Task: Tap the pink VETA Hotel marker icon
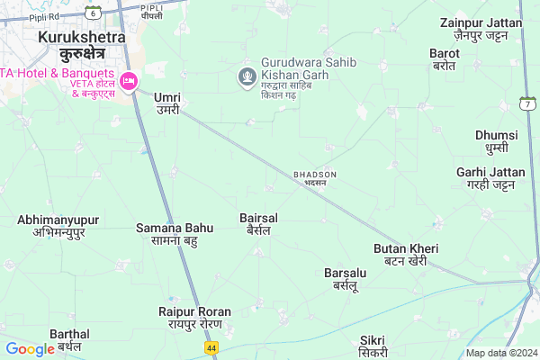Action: [x=129, y=81]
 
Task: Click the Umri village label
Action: [x=167, y=103]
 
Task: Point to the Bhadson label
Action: [x=315, y=177]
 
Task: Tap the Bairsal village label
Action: [x=258, y=224]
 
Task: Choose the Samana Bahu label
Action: [x=175, y=234]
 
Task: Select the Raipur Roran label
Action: [x=194, y=318]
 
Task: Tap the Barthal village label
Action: [x=70, y=339]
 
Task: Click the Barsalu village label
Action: [x=346, y=278]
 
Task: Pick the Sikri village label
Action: [x=372, y=346]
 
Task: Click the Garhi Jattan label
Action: [x=490, y=178]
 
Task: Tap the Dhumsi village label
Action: [x=497, y=141]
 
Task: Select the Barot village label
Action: [x=445, y=59]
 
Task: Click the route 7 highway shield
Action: [x=526, y=105]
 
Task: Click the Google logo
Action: [x=30, y=349]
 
